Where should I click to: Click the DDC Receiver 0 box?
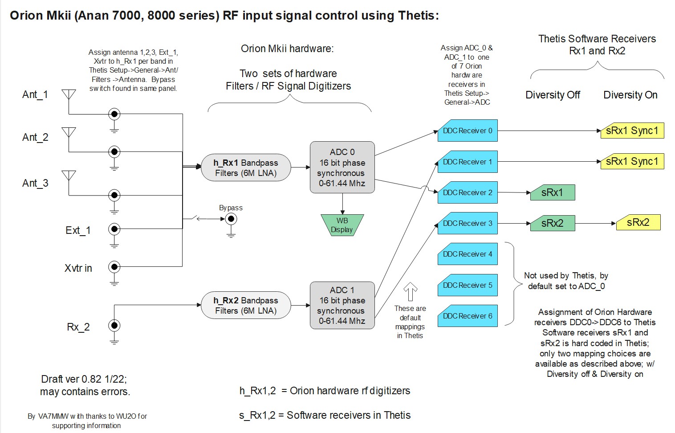tap(468, 131)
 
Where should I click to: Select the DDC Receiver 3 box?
tap(468, 223)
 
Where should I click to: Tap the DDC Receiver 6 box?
tap(468, 316)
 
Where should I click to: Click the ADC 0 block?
tap(342, 167)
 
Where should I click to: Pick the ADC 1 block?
tap(342, 305)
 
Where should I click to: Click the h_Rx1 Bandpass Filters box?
tap(246, 168)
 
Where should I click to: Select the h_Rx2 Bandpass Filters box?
tap(246, 306)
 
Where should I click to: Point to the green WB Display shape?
tap(342, 225)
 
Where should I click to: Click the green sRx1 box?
tap(552, 192)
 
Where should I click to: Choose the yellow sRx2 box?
tap(638, 222)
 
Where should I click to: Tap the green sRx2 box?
tap(552, 223)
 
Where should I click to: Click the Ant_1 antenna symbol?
tap(69, 94)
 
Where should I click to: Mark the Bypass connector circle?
tap(231, 219)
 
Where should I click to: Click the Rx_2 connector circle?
tap(114, 325)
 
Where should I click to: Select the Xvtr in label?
tap(78, 268)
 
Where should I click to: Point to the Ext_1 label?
tap(78, 230)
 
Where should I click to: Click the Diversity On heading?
tap(630, 95)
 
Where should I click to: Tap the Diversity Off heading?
tap(553, 95)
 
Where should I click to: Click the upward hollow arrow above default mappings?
tap(410, 292)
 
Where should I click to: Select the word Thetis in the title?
tap(416, 16)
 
